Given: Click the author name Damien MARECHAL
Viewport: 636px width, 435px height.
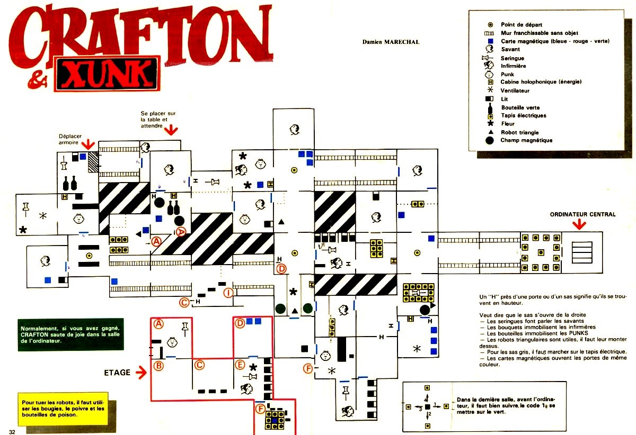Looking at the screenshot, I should click(391, 42).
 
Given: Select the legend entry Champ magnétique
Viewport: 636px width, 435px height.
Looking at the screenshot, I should click(526, 140).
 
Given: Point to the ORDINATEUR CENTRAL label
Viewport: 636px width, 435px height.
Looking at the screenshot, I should click(582, 214).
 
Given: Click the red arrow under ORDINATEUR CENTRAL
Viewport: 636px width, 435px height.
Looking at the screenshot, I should click(579, 224).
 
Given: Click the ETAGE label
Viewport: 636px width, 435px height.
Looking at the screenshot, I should click(117, 373).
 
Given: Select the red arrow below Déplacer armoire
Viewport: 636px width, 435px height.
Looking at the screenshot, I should click(89, 143).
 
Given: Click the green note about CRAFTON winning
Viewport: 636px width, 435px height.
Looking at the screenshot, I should click(70, 334).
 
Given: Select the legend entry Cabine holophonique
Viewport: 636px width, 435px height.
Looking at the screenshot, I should click(541, 82).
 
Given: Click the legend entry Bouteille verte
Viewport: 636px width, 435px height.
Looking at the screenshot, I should click(520, 107).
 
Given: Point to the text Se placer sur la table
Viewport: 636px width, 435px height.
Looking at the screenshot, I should click(158, 119).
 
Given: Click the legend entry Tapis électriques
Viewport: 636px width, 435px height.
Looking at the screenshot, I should click(523, 115).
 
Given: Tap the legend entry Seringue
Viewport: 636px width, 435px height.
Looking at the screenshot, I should click(512, 58).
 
